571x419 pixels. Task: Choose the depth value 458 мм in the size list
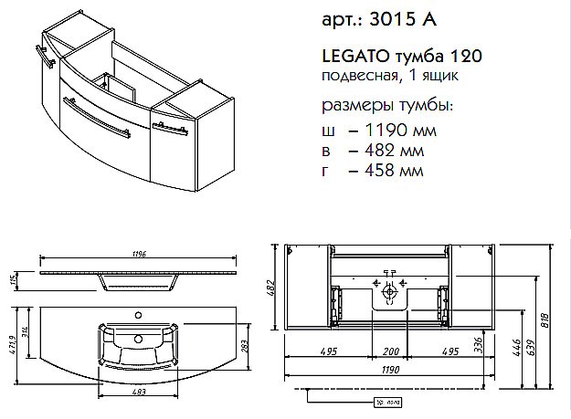pyautogui.click(x=382, y=170)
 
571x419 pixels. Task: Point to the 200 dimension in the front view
pyautogui.click(x=390, y=352)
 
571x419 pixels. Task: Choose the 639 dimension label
pyautogui.click(x=531, y=347)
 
